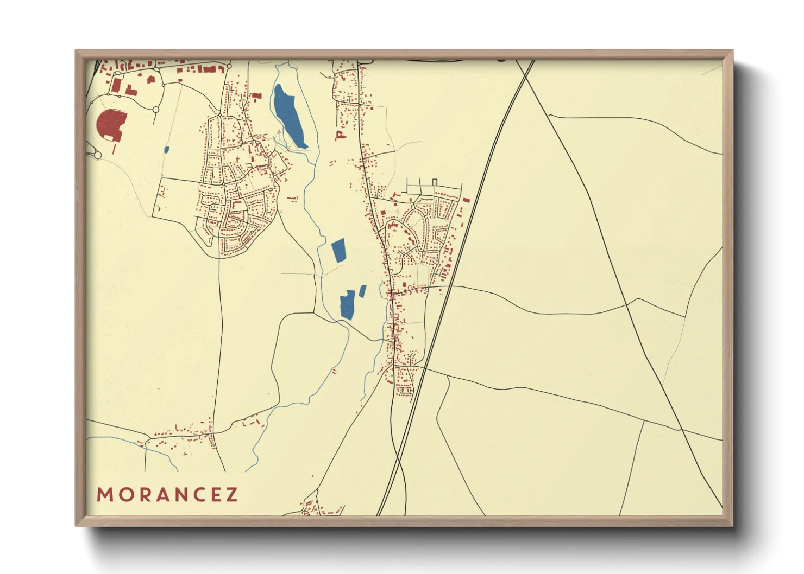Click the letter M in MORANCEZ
point(104,495)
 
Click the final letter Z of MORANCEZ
point(233,495)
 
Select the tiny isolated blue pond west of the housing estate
point(166,149)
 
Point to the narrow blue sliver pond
point(362,291)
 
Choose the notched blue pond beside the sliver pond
point(347,305)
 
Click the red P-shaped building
point(341,135)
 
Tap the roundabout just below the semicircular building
point(98,155)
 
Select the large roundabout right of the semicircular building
point(156,110)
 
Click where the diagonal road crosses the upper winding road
point(627,304)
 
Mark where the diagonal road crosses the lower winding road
point(681,429)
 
